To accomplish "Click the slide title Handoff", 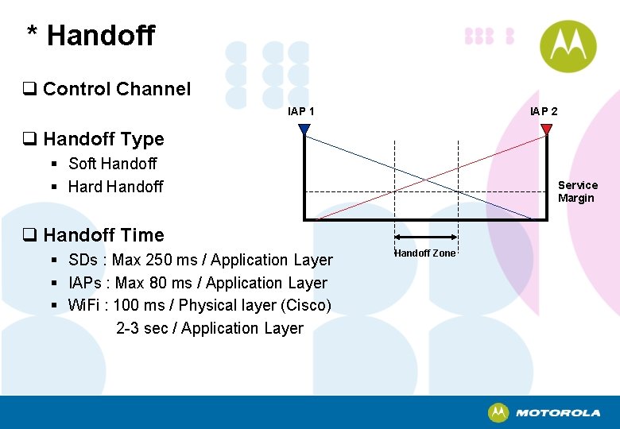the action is click(100, 36).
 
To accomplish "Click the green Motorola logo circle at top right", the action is click(568, 46).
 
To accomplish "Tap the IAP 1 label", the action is click(301, 111).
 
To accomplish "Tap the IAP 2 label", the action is click(544, 111).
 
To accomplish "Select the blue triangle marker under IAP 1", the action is click(304, 129).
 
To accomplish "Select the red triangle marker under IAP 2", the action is click(546, 129).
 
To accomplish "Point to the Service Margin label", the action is click(577, 191).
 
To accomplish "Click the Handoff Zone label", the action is click(425, 253).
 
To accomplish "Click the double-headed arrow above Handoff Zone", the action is click(426, 237).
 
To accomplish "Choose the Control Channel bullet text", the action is click(117, 89).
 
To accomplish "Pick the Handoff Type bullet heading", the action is click(103, 139).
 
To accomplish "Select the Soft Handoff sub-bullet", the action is click(112, 164).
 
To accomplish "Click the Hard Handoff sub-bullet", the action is click(115, 187).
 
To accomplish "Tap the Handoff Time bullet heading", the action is click(103, 235).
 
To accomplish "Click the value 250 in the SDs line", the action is click(162, 260).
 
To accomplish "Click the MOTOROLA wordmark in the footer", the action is click(558, 413).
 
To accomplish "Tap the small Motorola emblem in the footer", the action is click(498, 412).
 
